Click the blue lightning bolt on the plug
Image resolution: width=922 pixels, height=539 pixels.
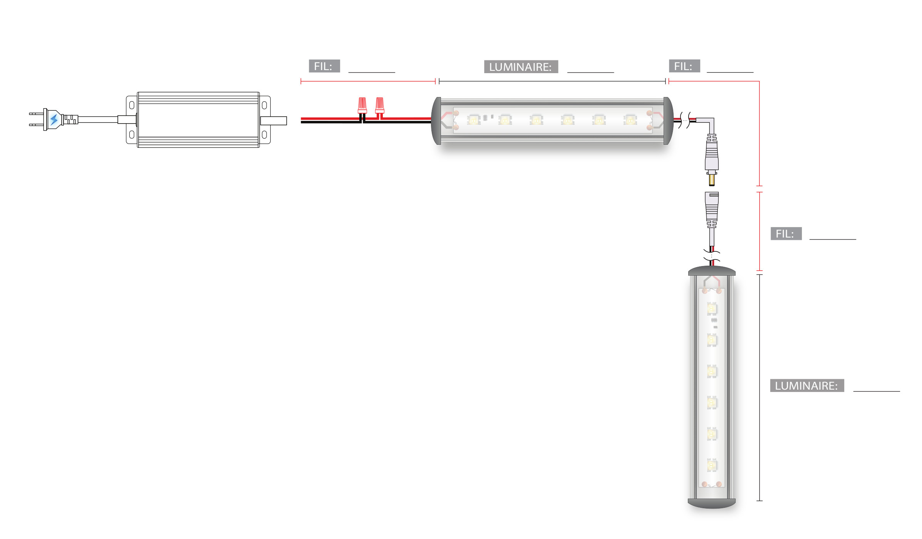(54, 119)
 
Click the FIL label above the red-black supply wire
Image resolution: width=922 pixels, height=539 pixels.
(324, 66)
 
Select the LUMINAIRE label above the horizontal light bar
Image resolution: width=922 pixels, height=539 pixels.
(521, 67)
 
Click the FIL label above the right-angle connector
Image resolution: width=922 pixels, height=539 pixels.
(684, 66)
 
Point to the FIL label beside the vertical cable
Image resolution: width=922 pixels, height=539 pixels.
(786, 234)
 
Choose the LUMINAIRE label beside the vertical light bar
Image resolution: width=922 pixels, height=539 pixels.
(807, 386)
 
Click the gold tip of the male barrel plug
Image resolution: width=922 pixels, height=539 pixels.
(712, 180)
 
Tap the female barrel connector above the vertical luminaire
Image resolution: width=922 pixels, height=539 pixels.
(712, 210)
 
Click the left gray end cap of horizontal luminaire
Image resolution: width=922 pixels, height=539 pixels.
(436, 121)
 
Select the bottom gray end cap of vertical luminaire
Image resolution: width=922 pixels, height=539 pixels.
(712, 504)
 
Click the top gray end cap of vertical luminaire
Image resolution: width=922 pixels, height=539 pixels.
(712, 271)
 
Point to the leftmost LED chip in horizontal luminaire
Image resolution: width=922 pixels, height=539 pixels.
(473, 120)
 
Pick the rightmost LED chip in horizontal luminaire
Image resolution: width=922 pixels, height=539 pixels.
(630, 120)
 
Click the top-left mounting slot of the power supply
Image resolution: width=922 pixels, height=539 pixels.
(132, 105)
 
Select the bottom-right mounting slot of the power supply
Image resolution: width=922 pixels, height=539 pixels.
(264, 135)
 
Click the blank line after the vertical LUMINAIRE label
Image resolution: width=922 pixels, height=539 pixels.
(877, 391)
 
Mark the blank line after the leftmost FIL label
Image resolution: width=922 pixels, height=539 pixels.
(372, 72)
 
